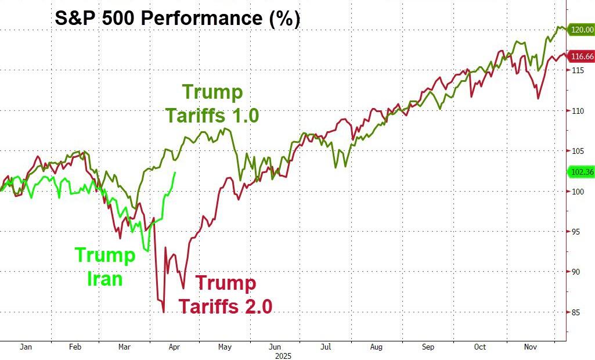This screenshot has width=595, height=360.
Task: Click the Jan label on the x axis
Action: point(25,346)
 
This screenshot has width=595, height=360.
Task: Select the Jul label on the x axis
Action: point(326,346)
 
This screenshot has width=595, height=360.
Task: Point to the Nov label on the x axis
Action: point(530,346)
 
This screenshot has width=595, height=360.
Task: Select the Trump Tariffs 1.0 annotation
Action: point(212,103)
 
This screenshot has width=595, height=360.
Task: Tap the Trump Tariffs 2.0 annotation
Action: point(225,294)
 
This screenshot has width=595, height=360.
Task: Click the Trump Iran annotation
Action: point(105,267)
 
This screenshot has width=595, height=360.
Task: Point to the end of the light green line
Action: point(175,172)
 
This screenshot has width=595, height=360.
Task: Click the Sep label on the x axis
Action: point(428,346)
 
